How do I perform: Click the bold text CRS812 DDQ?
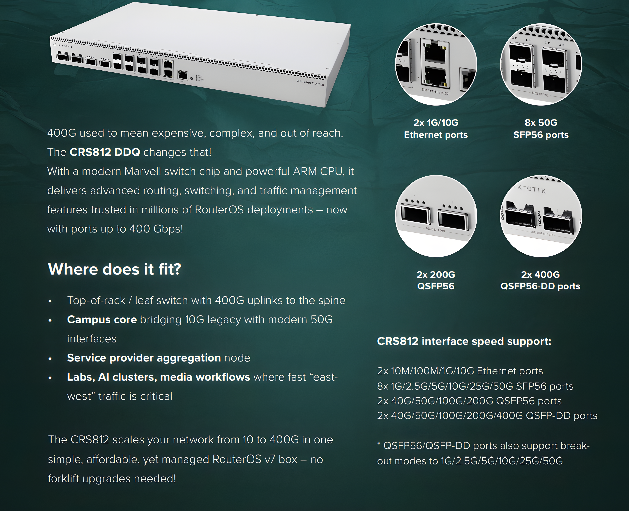click(105, 152)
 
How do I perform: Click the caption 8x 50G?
click(541, 122)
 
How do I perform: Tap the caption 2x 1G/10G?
click(436, 122)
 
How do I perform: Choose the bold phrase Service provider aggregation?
click(144, 358)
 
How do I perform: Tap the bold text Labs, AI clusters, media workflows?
click(158, 377)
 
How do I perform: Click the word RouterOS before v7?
click(237, 459)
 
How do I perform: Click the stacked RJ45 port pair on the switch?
click(168, 68)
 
